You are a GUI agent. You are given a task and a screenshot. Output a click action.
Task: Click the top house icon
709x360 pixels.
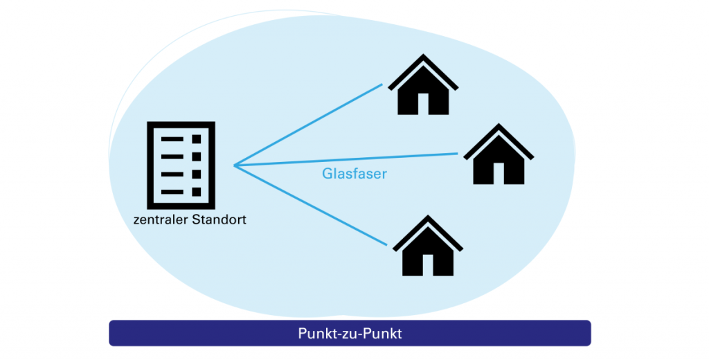pyautogui.click(x=423, y=88)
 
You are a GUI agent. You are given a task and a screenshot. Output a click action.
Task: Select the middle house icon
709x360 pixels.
pyautogui.click(x=498, y=156)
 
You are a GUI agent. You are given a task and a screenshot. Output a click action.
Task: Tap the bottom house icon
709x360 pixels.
pyautogui.click(x=427, y=248)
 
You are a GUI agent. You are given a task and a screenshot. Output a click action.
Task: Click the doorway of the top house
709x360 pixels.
pyautogui.click(x=423, y=104)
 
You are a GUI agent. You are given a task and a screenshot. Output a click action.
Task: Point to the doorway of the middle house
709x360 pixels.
pyautogui.click(x=498, y=173)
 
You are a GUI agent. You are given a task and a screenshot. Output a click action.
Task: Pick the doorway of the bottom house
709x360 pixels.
pyautogui.click(x=427, y=264)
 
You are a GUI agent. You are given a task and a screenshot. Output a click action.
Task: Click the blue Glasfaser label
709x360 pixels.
pyautogui.click(x=354, y=174)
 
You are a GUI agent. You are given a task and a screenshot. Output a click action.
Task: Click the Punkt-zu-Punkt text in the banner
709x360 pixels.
pyautogui.click(x=350, y=333)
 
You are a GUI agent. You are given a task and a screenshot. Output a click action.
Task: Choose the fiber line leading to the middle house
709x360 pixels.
pyautogui.click(x=346, y=159)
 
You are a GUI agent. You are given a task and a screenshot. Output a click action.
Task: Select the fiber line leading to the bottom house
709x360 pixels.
pyautogui.click(x=312, y=206)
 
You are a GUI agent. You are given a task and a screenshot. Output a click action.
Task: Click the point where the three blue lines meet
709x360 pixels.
pyautogui.click(x=235, y=165)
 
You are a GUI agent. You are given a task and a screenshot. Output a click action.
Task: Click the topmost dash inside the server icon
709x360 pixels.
pyautogui.click(x=171, y=139)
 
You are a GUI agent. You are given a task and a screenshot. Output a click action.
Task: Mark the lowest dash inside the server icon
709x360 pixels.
pyautogui.click(x=171, y=191)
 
